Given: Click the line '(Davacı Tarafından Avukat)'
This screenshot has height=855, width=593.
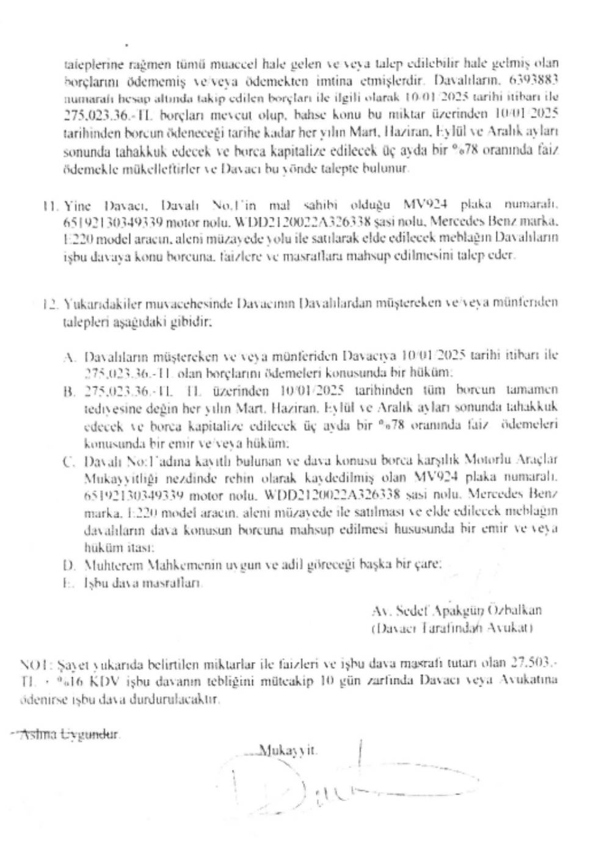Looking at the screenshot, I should [x=452, y=627].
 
